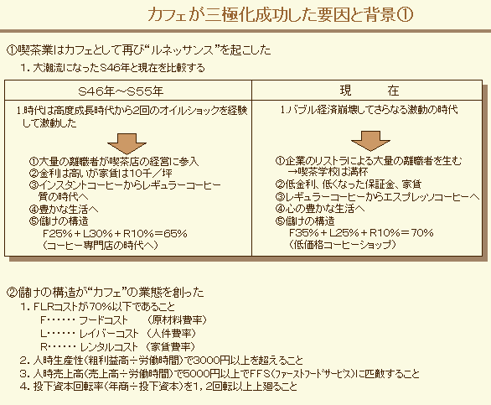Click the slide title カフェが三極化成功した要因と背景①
280,15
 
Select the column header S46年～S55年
121,91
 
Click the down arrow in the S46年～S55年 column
127,143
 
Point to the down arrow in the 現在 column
370,141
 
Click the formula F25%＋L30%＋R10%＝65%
115,234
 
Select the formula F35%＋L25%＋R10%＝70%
361,232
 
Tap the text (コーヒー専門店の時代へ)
100,245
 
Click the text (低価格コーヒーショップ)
342,244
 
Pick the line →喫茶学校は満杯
328,172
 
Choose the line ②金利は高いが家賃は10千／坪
101,174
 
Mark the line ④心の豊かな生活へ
320,209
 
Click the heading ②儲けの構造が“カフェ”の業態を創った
106,292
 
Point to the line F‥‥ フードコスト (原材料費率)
124,320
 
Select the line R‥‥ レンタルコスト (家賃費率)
118,346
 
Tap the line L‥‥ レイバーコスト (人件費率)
118,333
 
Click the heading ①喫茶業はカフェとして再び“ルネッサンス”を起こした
139,50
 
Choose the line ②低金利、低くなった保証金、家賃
349,184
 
